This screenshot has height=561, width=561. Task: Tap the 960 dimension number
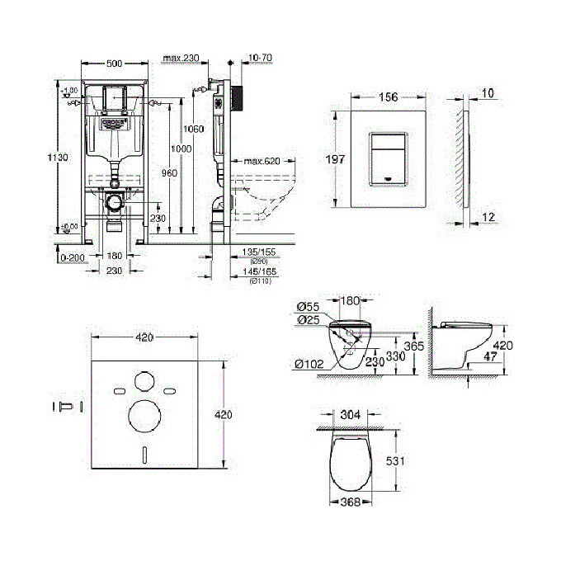pos(168,173)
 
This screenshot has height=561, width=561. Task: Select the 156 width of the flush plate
pos(389,97)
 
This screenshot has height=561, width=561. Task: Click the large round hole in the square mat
pos(143,417)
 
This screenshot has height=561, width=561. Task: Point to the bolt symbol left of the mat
pos(64,406)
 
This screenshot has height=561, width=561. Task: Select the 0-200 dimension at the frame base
pos(73,257)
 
